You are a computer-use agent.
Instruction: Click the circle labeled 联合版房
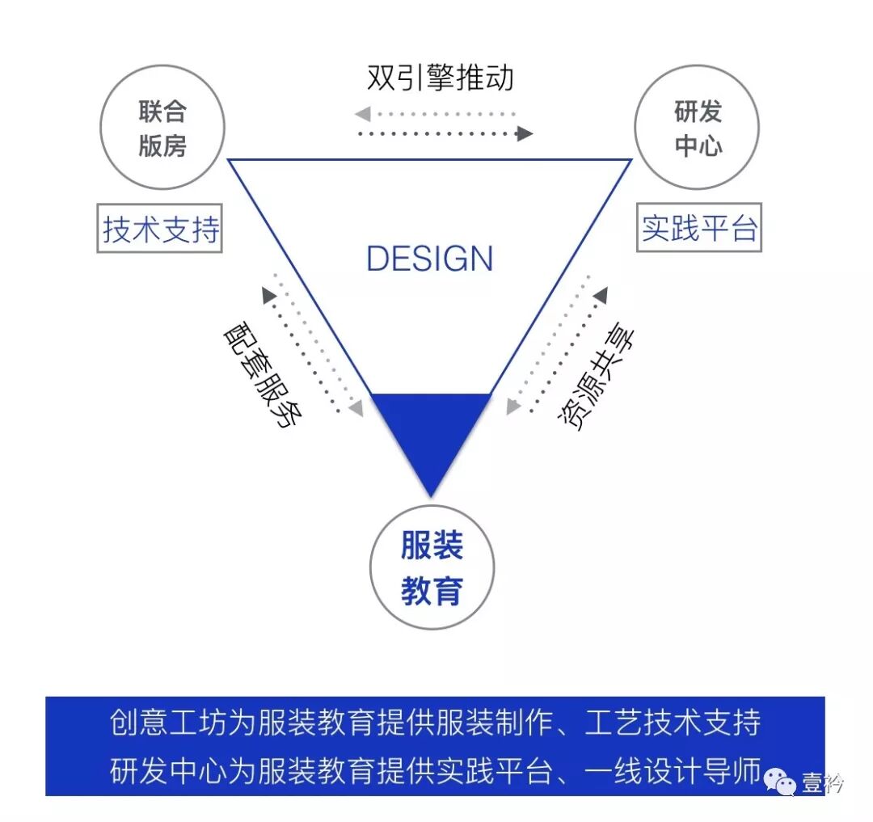(162, 128)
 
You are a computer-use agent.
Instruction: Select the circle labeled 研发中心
(698, 128)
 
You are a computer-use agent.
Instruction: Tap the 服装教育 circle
(431, 567)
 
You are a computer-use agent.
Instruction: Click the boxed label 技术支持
(160, 230)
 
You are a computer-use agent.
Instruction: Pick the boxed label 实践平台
(699, 229)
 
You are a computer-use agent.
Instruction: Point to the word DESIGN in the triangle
(429, 259)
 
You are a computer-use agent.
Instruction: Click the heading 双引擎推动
(440, 78)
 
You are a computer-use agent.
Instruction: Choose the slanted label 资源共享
(597, 377)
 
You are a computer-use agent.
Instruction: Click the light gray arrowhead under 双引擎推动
(363, 113)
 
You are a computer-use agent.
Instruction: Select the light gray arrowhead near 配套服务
(356, 408)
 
